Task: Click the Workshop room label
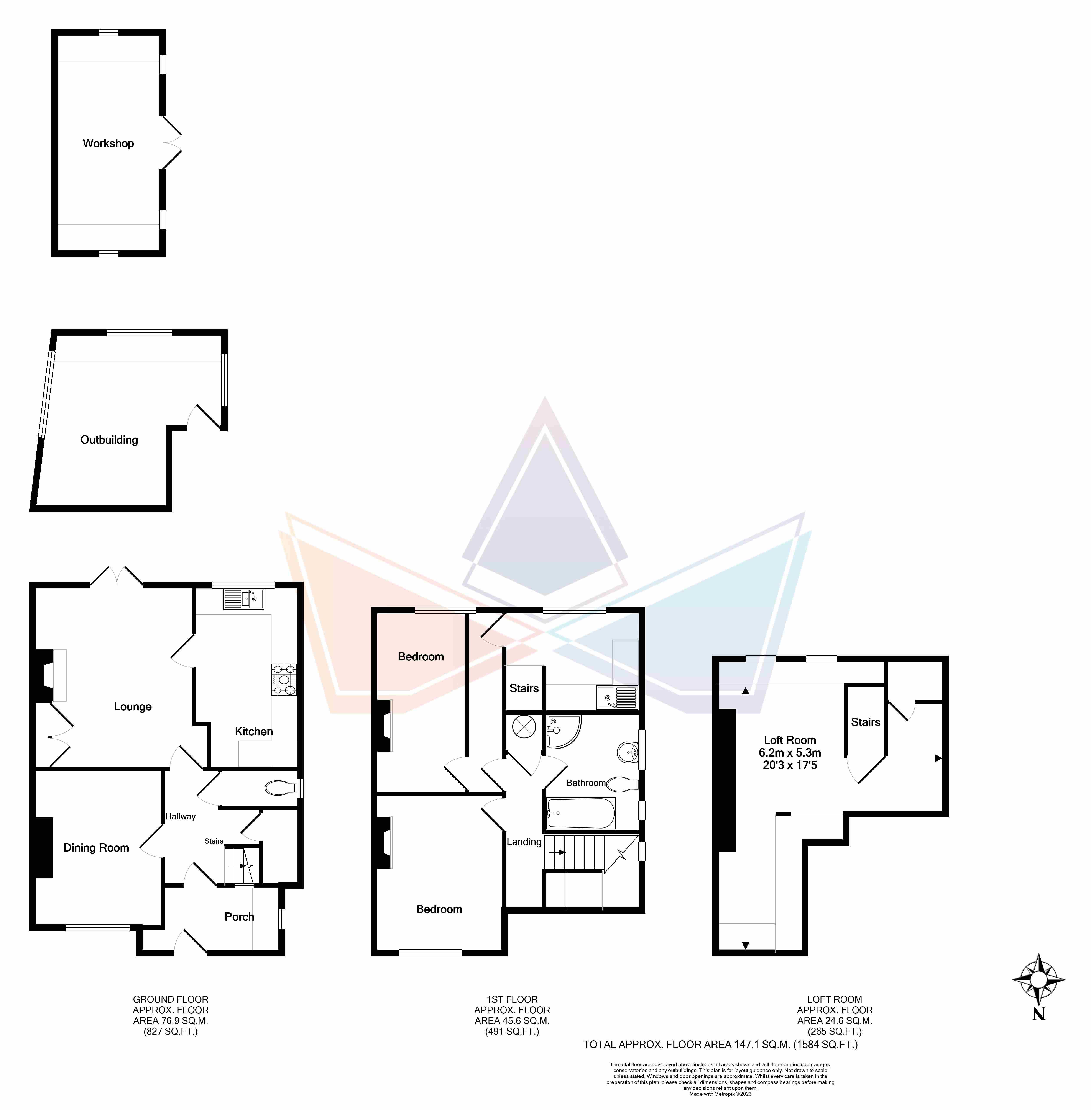[108, 143]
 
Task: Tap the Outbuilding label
[109, 440]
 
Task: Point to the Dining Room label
[96, 848]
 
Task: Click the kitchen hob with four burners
[284, 680]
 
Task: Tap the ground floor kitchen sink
[243, 599]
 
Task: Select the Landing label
[524, 842]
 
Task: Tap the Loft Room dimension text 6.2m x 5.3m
[790, 753]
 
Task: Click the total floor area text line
[720, 1045]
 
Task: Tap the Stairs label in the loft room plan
[865, 722]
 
